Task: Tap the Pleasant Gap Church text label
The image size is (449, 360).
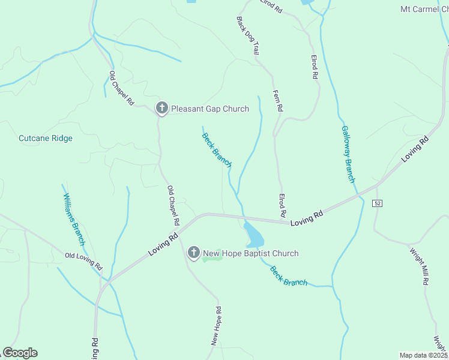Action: click(x=209, y=109)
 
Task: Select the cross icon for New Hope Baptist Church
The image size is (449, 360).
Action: click(x=194, y=253)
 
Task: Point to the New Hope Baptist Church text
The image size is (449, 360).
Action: click(x=250, y=253)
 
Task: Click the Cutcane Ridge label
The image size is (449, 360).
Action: click(x=46, y=138)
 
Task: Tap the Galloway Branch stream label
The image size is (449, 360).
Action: click(x=348, y=154)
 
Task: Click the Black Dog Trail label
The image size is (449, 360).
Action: click(x=247, y=35)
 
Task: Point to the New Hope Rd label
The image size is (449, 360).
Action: click(x=217, y=326)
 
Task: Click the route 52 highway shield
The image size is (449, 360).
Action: click(x=377, y=203)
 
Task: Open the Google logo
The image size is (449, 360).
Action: click(x=20, y=353)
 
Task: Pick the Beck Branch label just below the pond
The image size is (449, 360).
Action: click(x=289, y=276)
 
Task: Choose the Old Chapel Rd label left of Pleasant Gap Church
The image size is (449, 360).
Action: click(x=121, y=89)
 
